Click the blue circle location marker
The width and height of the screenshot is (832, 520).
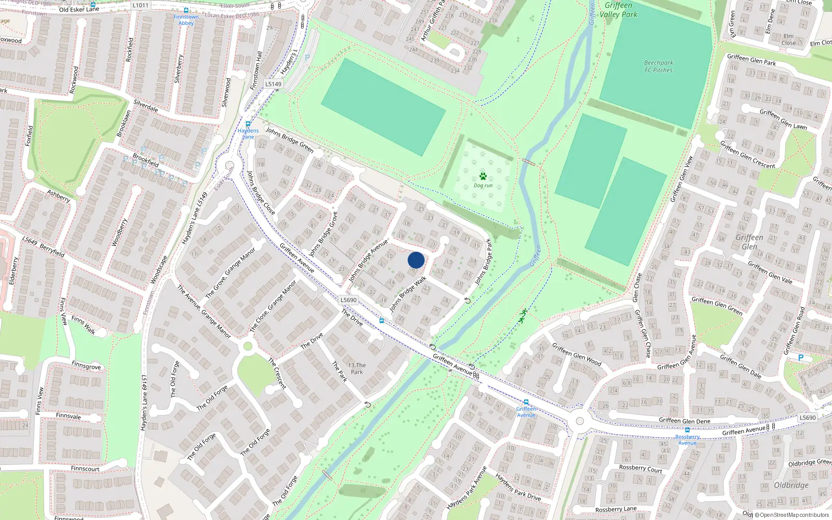click(x=416, y=260)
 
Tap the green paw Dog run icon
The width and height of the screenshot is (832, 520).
click(x=483, y=176)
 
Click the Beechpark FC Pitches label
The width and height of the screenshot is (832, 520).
click(x=658, y=67)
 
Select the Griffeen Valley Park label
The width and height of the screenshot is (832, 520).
click(x=618, y=10)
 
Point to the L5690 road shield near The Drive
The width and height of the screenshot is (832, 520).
click(x=348, y=300)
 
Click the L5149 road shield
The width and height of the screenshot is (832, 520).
click(x=274, y=84)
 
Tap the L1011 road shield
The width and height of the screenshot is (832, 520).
click(x=140, y=5)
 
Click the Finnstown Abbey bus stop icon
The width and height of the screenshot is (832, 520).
click(x=186, y=10)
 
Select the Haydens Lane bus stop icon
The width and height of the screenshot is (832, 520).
click(x=248, y=124)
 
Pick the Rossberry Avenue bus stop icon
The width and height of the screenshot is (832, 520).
click(x=687, y=430)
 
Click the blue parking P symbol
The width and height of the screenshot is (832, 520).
click(x=801, y=358)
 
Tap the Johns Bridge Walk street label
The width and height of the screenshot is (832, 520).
click(x=408, y=294)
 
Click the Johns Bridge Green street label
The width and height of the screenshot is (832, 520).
click(x=290, y=139)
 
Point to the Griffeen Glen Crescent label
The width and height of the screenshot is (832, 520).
click(x=747, y=154)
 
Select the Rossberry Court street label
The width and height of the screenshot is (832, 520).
click(x=641, y=469)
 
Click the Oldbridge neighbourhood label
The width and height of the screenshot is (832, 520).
click(x=791, y=485)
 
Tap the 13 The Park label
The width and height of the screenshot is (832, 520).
click(x=357, y=368)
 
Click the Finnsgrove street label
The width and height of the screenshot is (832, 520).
click(x=86, y=366)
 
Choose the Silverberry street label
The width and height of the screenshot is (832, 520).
click(x=179, y=69)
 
